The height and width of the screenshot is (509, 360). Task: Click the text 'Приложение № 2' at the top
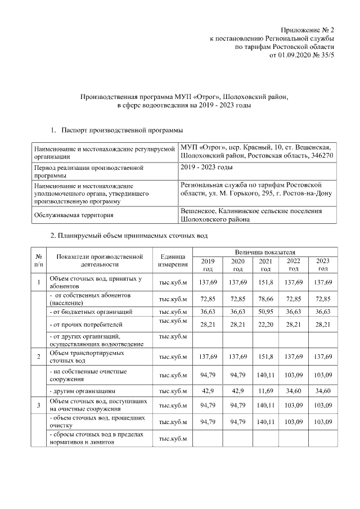[308, 29]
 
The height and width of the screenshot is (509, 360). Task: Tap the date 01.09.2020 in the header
[296, 56]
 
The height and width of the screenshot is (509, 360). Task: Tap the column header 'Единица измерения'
[173, 260]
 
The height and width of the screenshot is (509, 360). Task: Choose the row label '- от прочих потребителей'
[85, 325]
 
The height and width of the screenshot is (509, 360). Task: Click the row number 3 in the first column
[38, 405]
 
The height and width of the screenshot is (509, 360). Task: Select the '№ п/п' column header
[38, 260]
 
